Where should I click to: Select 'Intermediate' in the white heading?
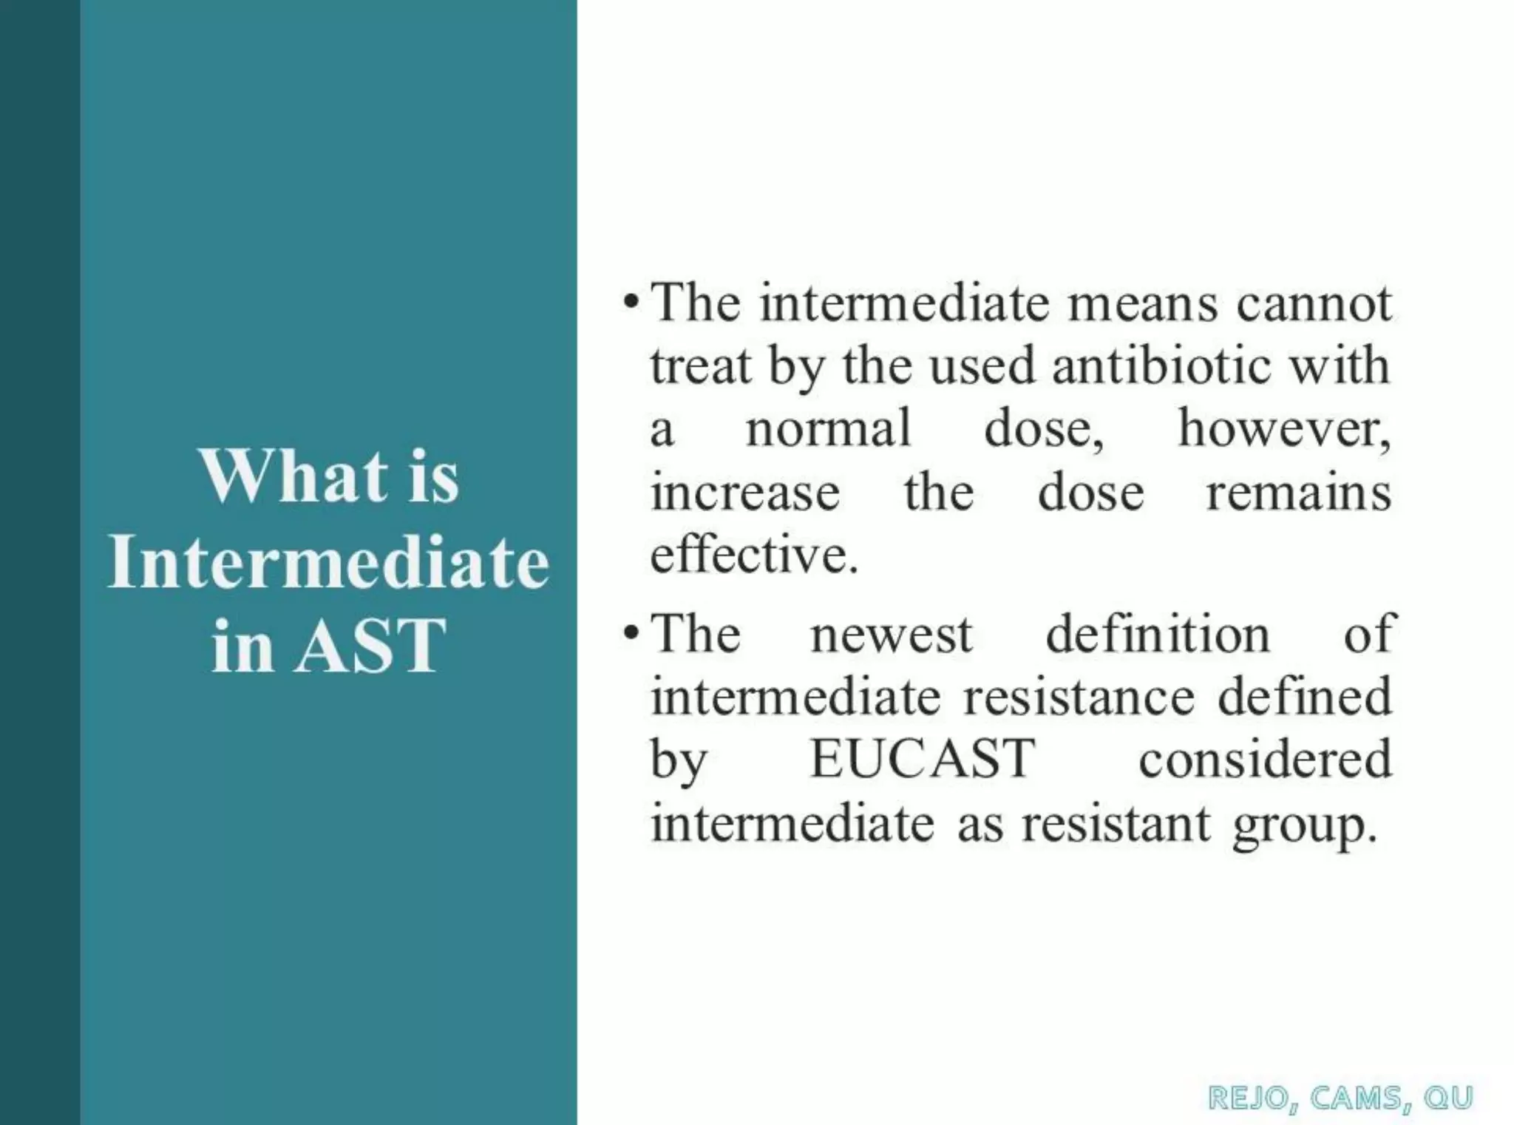coord(328,561)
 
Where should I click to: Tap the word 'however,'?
coord(1284,429)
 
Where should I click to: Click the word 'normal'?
coord(828,429)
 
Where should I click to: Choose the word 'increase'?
coord(744,493)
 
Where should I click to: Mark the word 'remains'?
coord(1298,493)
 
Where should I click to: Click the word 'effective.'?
coord(754,555)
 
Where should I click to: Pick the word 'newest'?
coord(891,635)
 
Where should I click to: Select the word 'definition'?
coord(1157,635)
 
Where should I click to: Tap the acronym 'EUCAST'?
coord(922,760)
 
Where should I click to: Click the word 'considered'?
coord(1264,760)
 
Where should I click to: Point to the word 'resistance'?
coord(1079,697)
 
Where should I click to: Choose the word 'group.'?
coord(1305,825)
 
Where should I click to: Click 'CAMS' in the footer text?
coord(1355,1098)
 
